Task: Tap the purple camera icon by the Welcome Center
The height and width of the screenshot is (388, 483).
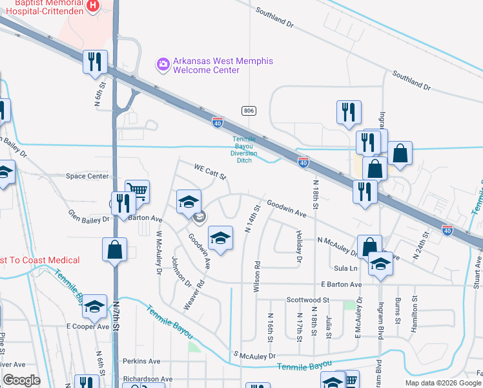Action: point(163,64)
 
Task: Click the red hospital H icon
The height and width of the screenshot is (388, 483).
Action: point(93,6)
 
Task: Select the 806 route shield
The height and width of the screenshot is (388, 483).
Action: point(249,111)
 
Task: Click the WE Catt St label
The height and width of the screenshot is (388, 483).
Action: point(211,172)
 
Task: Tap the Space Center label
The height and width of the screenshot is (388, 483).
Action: point(88,176)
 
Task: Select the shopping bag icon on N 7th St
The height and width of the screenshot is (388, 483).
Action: point(114,250)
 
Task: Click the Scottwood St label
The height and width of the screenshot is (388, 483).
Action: point(308,300)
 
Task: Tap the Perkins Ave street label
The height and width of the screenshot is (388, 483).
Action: point(143,361)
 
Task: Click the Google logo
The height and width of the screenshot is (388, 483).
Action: point(22,380)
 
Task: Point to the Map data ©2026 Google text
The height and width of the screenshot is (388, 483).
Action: point(443,383)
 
